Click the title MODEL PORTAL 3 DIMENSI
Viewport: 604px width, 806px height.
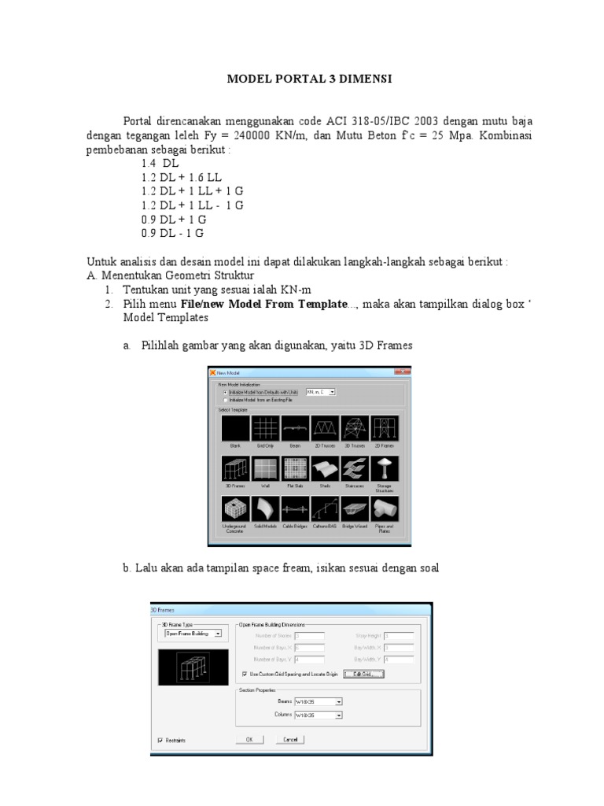[x=308, y=79]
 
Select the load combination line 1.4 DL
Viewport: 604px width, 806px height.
[x=160, y=163]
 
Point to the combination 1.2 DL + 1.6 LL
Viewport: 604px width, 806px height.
[x=182, y=177]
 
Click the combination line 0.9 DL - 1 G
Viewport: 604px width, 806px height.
[x=172, y=233]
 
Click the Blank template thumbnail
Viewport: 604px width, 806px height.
[x=234, y=429]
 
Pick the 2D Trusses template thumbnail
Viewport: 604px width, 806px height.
[x=326, y=429]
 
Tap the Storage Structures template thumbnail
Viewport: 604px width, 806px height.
[x=385, y=469]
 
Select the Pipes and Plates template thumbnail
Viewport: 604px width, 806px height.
[x=385, y=510]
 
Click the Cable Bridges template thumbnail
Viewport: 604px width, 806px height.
[x=295, y=510]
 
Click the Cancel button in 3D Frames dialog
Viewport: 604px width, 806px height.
[x=289, y=740]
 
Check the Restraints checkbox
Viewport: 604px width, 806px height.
[x=160, y=741]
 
